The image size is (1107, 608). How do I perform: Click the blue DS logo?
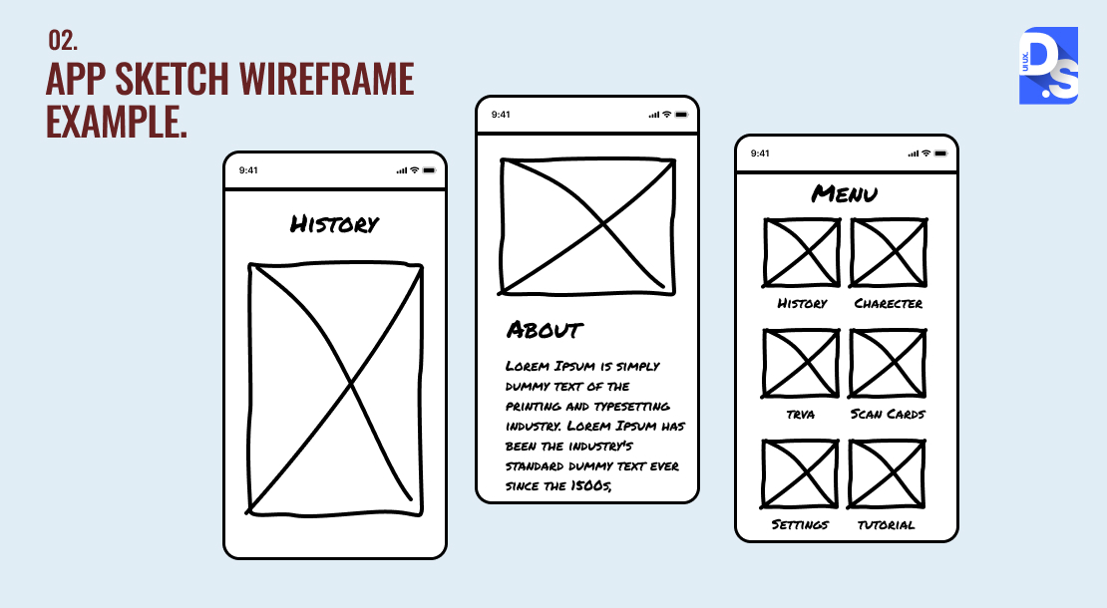(x=1048, y=66)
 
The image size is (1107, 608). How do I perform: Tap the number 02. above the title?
(x=63, y=40)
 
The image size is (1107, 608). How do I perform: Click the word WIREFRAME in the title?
(x=326, y=79)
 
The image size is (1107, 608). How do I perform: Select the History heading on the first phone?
(x=335, y=224)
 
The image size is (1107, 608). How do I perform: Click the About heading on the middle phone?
(x=545, y=329)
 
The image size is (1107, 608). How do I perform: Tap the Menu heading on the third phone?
(x=845, y=193)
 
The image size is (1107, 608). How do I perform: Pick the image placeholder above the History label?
(x=801, y=252)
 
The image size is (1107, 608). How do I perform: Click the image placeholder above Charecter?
(x=889, y=252)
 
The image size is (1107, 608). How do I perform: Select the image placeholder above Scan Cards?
(x=888, y=363)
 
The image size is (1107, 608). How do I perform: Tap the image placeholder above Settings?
(x=800, y=474)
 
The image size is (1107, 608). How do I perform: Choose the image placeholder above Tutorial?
(x=887, y=474)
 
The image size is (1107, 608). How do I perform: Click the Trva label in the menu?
(x=801, y=415)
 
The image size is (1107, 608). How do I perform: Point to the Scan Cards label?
(x=888, y=414)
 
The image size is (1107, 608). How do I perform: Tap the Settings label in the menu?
(x=800, y=524)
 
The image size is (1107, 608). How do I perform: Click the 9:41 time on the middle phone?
(x=501, y=115)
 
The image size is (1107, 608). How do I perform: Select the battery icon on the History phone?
(x=429, y=170)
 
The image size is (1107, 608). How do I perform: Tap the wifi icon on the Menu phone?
(x=925, y=153)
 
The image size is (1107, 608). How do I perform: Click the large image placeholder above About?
(x=587, y=225)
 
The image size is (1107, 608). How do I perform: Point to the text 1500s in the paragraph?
(x=591, y=486)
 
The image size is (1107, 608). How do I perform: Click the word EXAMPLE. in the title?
(x=118, y=122)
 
